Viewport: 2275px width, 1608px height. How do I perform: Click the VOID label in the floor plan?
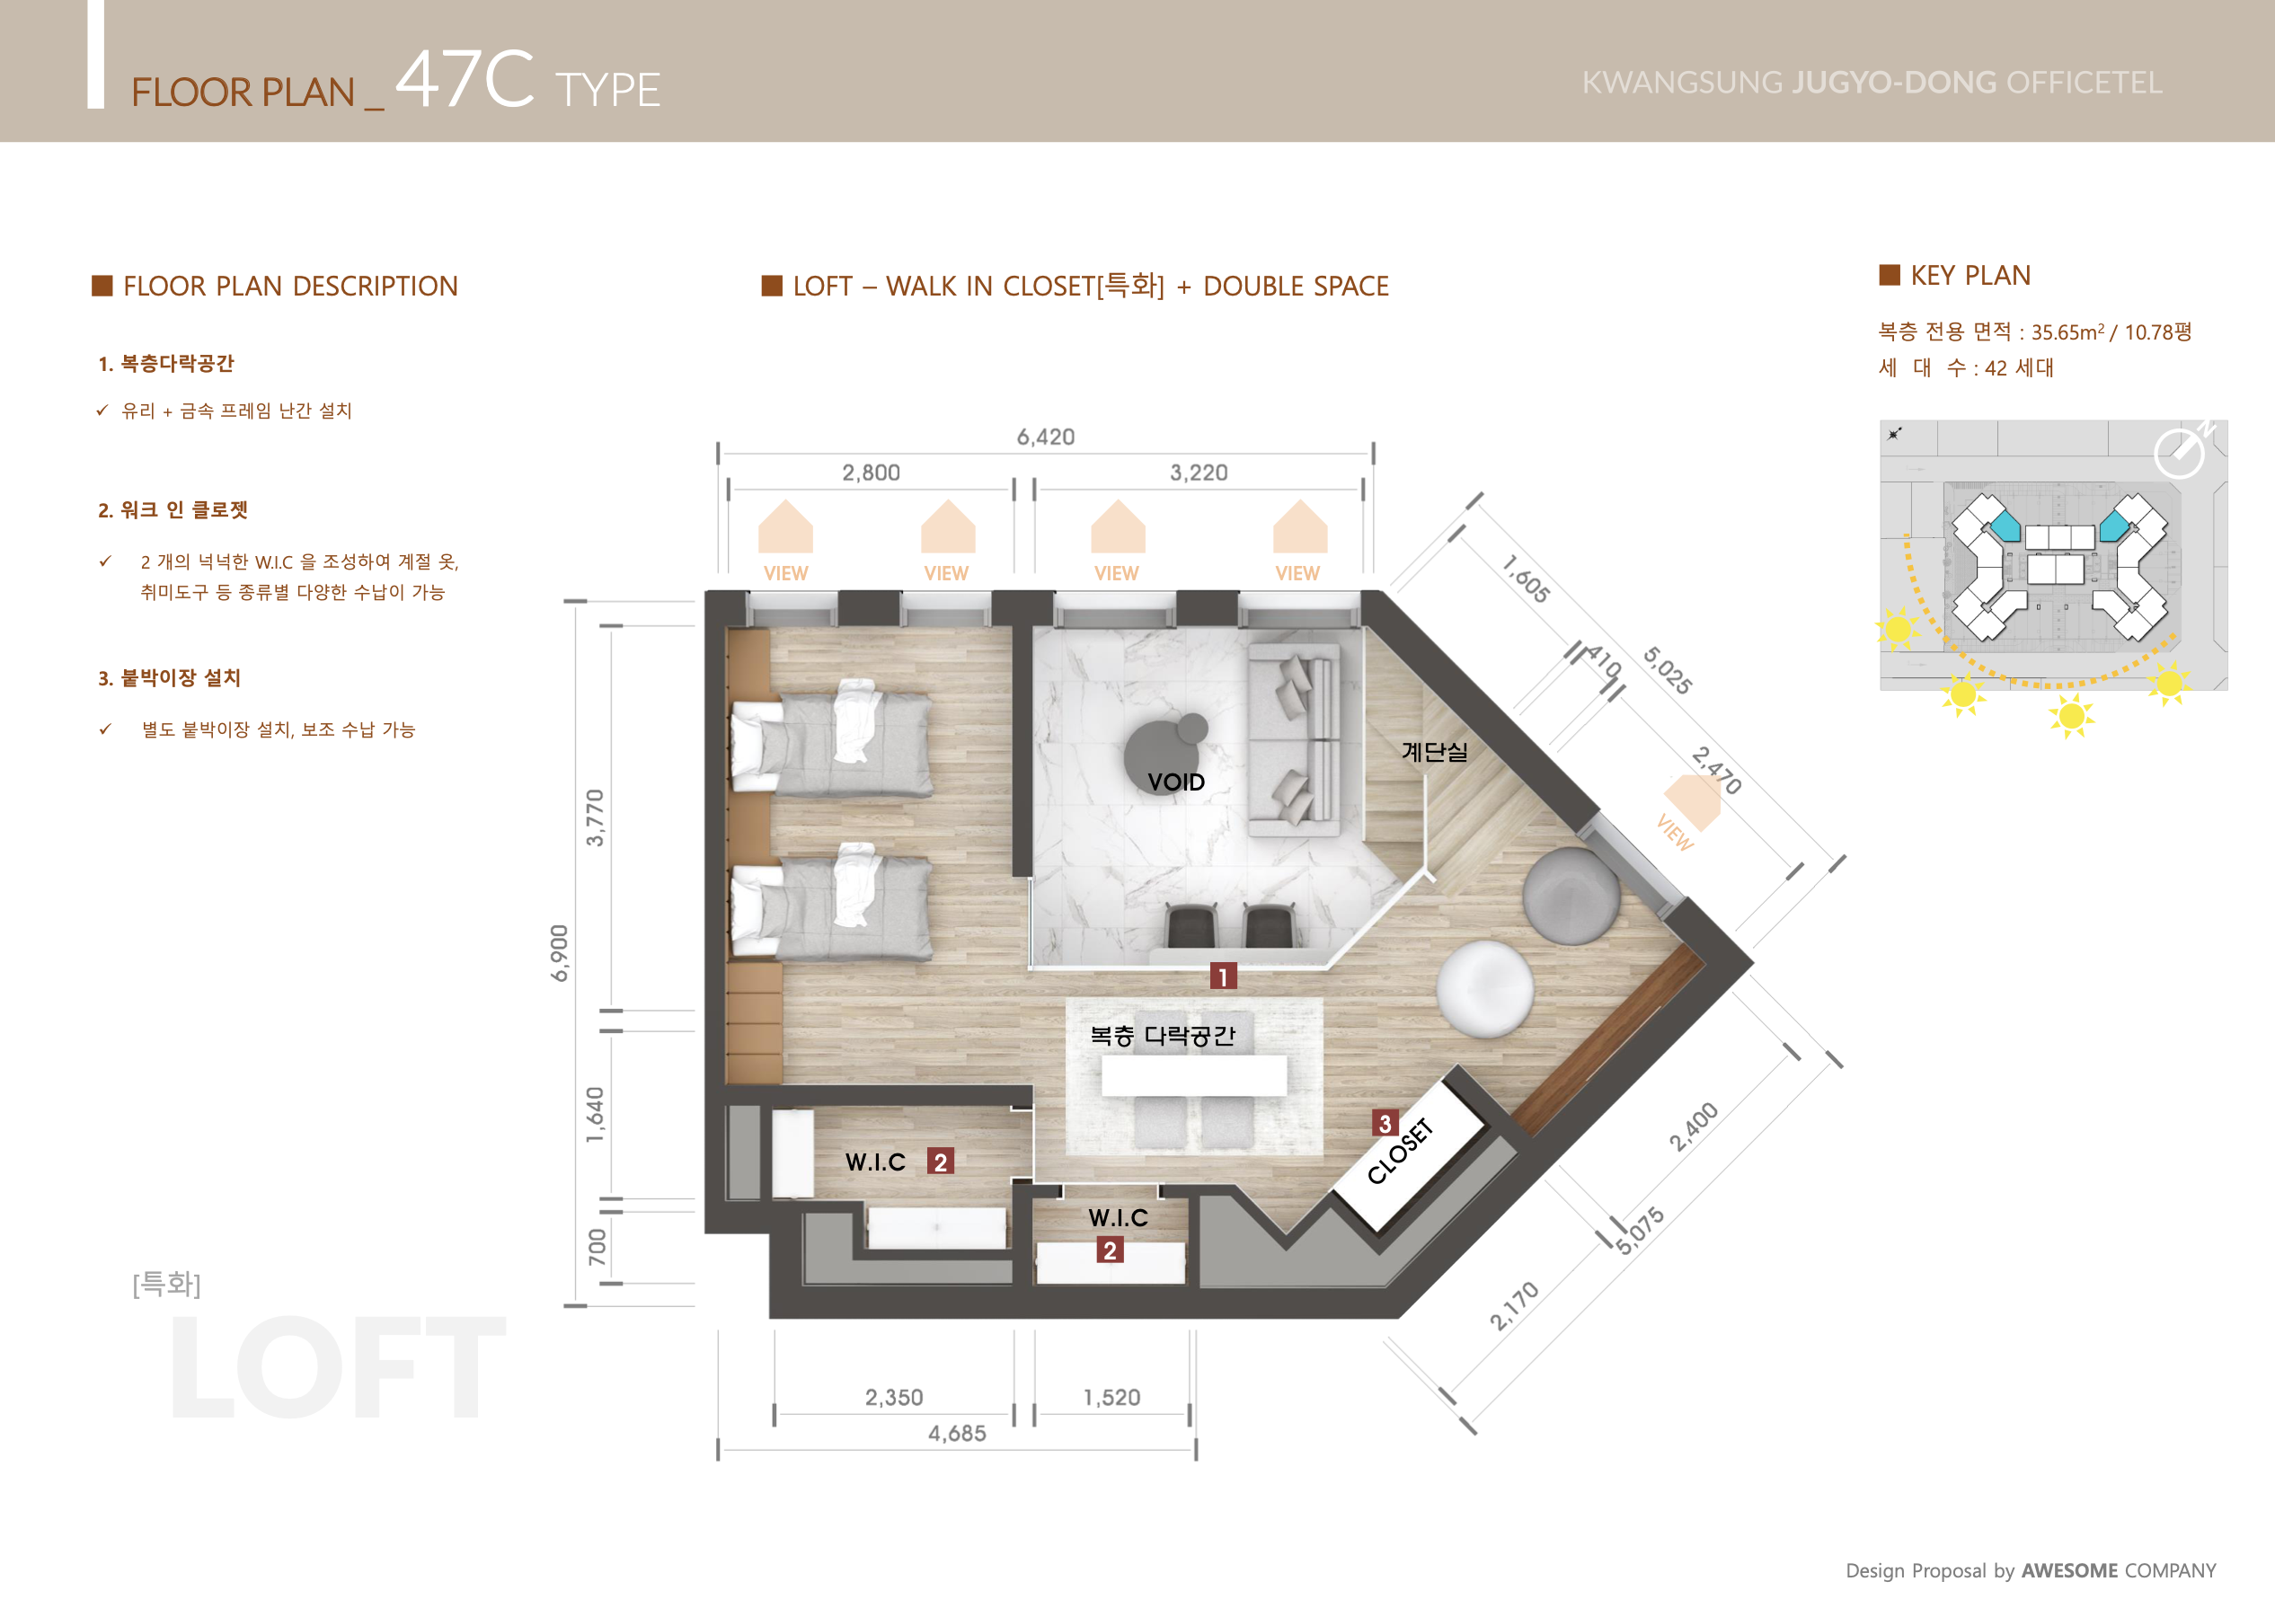click(1176, 782)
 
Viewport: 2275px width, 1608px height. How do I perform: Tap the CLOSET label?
click(1400, 1152)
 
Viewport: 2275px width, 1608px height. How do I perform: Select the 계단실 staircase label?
click(1434, 752)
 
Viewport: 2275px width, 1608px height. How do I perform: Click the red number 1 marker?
click(1223, 976)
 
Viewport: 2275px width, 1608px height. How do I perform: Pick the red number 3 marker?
click(1385, 1124)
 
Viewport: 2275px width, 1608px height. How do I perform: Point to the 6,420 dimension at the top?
click(1045, 437)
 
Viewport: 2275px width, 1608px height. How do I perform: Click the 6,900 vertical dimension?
click(560, 953)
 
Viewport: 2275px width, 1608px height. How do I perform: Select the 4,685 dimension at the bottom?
click(957, 1434)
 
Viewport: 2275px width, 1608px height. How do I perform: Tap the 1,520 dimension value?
click(1111, 1398)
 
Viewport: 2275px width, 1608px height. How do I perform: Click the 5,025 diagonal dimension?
click(1668, 671)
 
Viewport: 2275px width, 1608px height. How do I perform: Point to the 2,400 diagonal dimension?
click(1694, 1127)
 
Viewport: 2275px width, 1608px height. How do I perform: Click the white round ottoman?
click(1485, 989)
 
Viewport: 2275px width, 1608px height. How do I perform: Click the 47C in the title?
click(465, 78)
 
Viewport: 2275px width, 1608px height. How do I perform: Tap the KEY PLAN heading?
click(1970, 276)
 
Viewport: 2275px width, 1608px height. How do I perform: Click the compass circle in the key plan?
click(2178, 453)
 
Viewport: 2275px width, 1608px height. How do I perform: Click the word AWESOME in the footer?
click(2069, 1571)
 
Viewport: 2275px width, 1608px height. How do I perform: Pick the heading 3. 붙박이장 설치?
click(170, 677)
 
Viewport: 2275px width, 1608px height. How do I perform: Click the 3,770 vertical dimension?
click(595, 818)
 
